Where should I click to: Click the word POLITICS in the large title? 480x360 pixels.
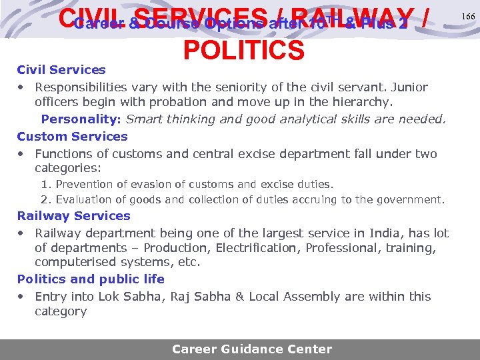[243, 49]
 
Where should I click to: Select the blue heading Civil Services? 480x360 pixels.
[61, 69]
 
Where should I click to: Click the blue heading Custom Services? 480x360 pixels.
[72, 136]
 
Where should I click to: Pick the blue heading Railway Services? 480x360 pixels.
[73, 215]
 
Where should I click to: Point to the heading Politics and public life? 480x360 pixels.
[91, 279]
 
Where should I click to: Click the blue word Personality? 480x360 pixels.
[79, 119]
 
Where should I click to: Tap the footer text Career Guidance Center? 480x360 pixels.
[251, 349]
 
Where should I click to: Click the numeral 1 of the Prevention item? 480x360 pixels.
[44, 183]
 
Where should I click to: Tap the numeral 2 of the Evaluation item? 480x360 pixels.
[44, 199]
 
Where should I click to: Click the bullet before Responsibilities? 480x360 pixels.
[22, 87]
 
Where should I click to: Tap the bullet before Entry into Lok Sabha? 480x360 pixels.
[22, 297]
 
